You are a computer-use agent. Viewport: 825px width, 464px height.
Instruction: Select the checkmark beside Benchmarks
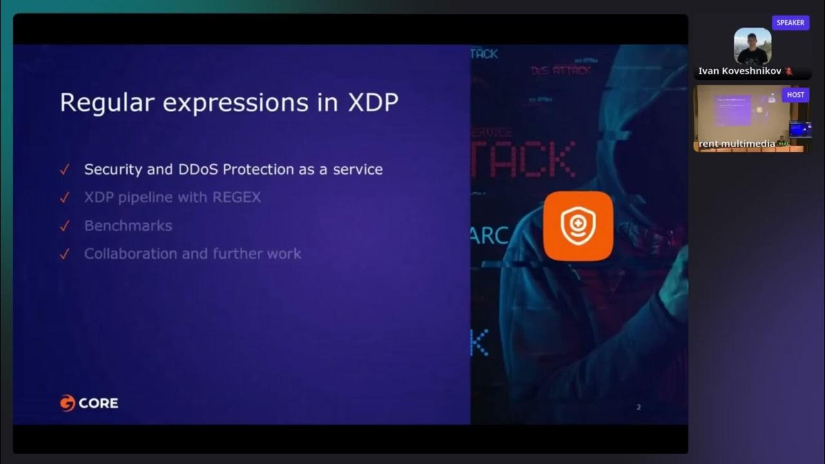tap(64, 226)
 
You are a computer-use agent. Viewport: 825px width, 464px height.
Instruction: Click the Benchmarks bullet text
tap(128, 226)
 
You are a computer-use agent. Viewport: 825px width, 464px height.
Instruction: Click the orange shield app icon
tap(577, 226)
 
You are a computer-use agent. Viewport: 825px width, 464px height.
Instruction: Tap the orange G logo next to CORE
tap(68, 403)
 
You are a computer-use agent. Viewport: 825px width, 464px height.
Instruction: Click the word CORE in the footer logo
tap(99, 403)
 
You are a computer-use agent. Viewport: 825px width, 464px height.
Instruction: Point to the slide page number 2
tap(638, 407)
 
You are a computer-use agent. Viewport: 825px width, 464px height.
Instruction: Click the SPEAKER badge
tap(790, 23)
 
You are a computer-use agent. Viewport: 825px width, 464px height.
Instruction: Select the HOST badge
tap(795, 95)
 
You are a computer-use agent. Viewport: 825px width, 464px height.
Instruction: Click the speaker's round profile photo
tap(752, 46)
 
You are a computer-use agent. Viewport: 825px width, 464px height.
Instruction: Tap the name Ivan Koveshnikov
tap(740, 72)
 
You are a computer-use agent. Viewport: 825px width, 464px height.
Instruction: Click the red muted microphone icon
tap(788, 72)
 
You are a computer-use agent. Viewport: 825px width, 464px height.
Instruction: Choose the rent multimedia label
tap(737, 144)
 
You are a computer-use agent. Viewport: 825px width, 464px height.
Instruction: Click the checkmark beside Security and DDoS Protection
tap(64, 170)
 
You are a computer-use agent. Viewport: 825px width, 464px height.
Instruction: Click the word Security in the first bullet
tap(111, 169)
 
